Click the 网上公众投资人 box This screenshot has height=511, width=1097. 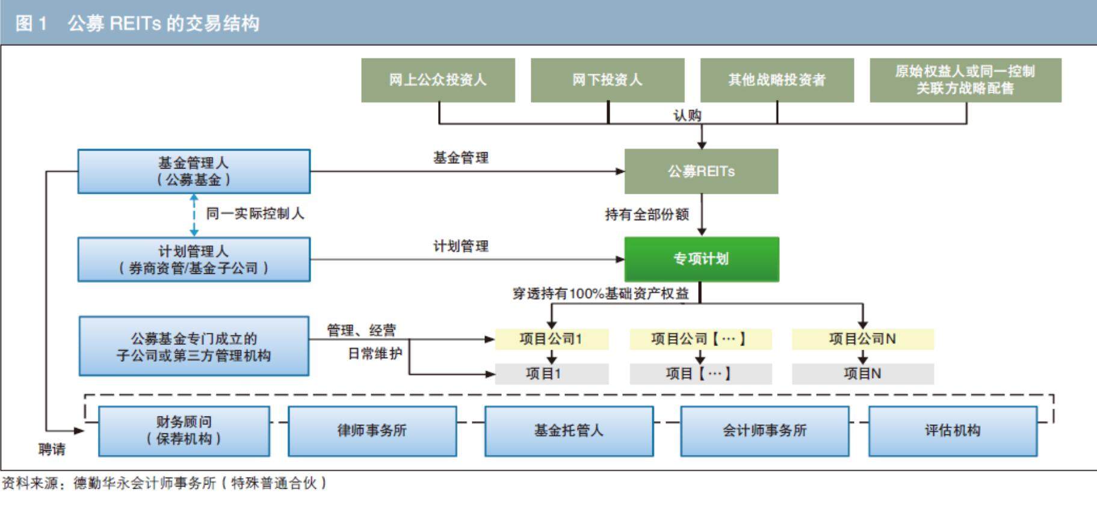pos(437,80)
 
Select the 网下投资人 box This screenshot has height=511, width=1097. pos(607,80)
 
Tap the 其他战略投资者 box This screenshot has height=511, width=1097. pos(777,80)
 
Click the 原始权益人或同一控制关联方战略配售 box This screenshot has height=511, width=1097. pos(965,80)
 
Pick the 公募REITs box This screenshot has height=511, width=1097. pos(701,172)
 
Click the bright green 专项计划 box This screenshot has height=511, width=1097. pos(701,259)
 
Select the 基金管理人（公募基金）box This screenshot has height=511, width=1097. pos(194,172)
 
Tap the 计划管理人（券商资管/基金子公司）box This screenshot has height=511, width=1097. pos(194,259)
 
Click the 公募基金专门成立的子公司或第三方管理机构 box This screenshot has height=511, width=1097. pos(194,347)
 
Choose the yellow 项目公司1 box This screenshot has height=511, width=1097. pos(551,339)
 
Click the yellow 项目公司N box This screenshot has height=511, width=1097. pos(862,339)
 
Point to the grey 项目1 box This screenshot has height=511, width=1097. pos(551,374)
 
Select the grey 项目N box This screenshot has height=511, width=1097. pos(862,374)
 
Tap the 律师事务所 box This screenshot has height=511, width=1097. pos(372,431)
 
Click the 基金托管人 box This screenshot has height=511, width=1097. pos(569,431)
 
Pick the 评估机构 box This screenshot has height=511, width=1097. pos(953,431)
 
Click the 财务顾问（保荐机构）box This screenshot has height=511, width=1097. pos(184,431)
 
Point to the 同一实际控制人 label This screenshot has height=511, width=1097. pos(255,214)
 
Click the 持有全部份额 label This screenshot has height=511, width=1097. pos(647,215)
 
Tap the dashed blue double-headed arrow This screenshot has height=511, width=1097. pos(194,215)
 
